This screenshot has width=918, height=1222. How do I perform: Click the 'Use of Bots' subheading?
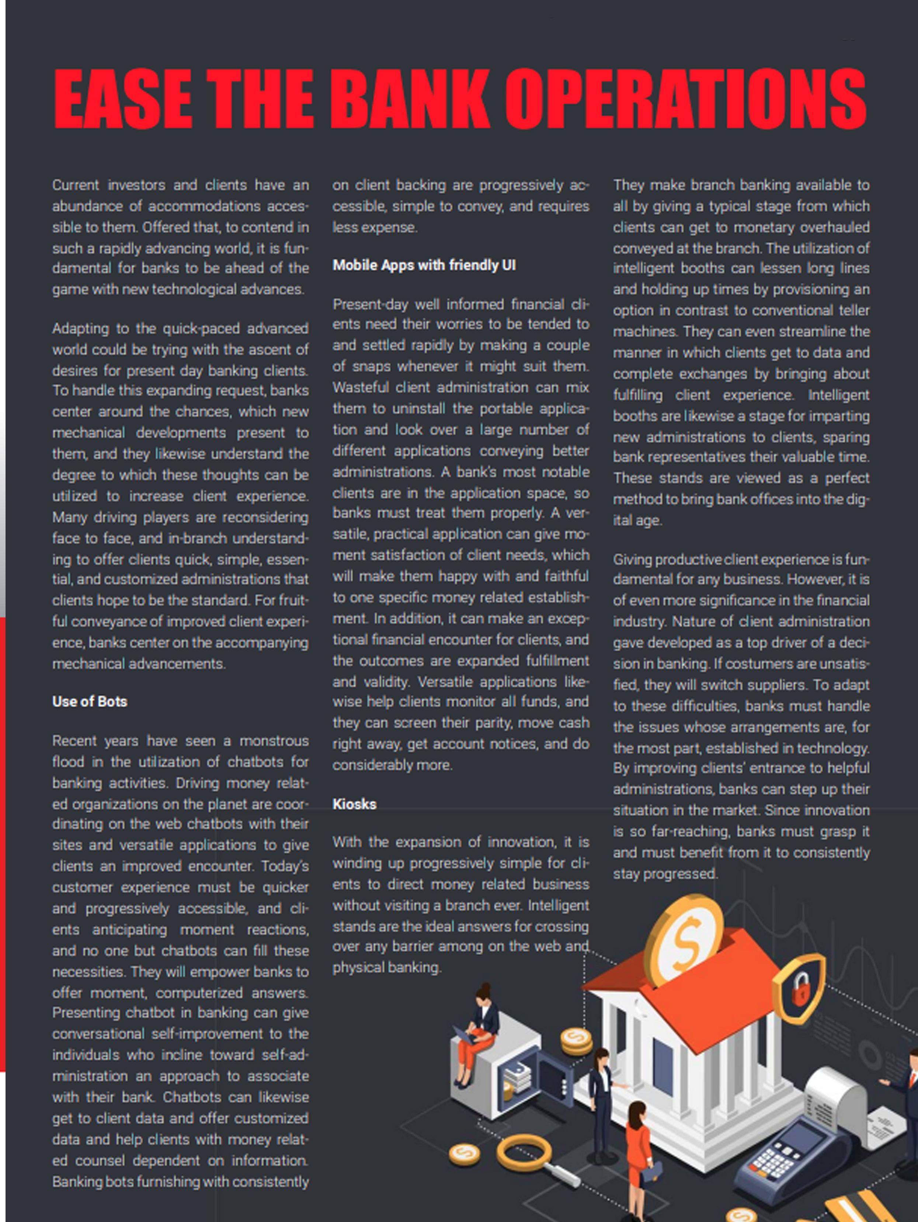(90, 702)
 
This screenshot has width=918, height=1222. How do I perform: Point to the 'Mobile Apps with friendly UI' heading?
(424, 265)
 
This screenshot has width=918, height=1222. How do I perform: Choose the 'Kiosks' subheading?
(354, 804)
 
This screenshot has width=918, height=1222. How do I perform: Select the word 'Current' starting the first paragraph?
(76, 185)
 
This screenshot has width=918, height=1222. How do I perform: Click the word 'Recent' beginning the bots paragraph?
(74, 741)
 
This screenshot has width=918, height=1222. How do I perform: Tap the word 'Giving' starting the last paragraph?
(632, 560)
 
